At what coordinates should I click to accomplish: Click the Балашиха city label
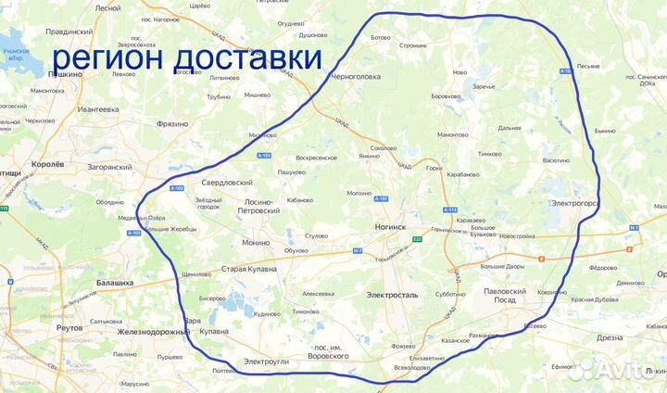coord(116,283)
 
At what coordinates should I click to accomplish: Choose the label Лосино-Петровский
coord(246,206)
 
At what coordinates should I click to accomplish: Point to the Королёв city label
coord(49,163)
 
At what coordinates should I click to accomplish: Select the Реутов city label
coord(70,328)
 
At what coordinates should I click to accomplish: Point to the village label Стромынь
coord(412,44)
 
